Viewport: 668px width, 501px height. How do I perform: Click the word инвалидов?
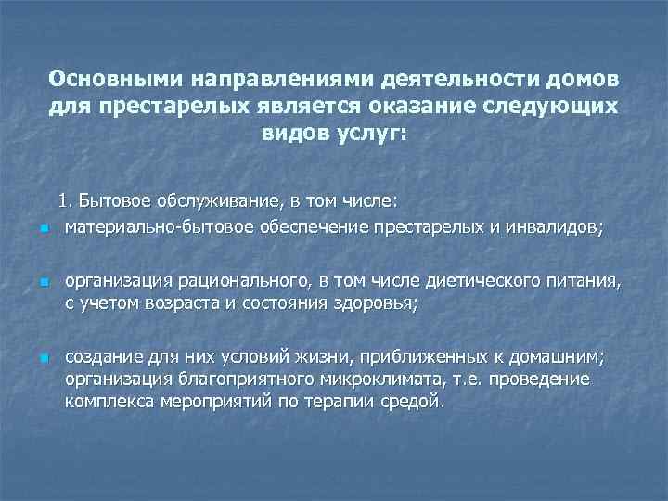click(x=555, y=225)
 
